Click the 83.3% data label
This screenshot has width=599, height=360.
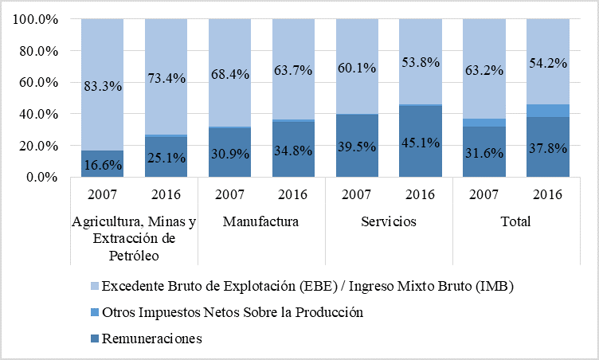[x=102, y=86]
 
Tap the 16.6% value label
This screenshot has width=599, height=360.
[x=102, y=165]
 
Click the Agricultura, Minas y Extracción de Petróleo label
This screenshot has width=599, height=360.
[x=133, y=238]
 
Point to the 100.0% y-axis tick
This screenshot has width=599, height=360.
[x=35, y=19]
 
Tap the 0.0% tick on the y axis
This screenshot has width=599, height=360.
[x=41, y=178]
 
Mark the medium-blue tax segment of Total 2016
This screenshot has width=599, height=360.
[x=547, y=111]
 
